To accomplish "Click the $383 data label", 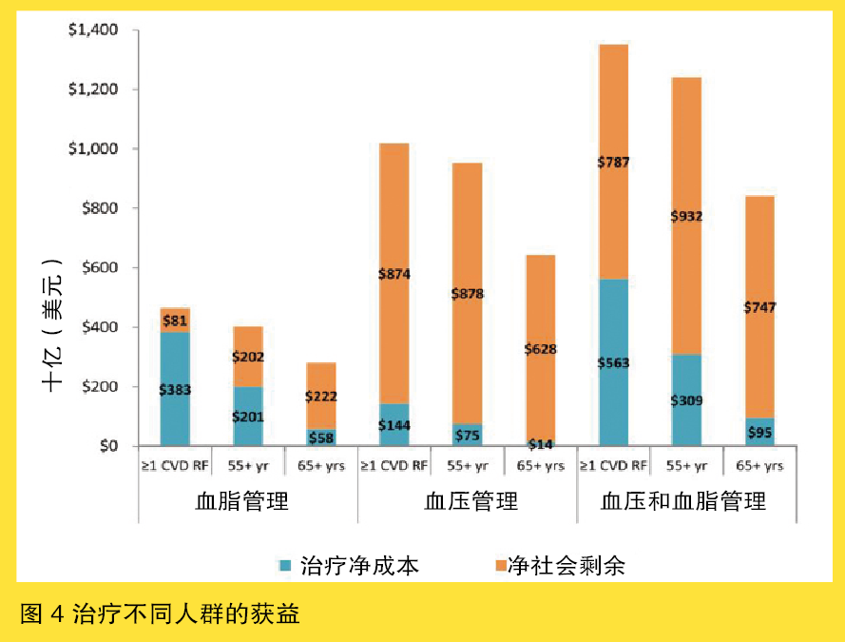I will point(175,390).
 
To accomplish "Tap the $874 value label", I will point(394,275).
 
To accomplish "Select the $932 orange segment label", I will point(685,217).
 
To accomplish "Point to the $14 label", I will point(541,445).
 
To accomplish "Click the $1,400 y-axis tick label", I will point(92,30).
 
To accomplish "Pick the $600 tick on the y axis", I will point(98,267).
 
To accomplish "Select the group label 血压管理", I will point(468,500).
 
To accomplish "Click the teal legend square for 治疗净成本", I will point(284,566).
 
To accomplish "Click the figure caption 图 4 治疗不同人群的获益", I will point(159,613).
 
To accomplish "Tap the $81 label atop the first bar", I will point(175,321).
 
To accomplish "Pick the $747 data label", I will point(759,307).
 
